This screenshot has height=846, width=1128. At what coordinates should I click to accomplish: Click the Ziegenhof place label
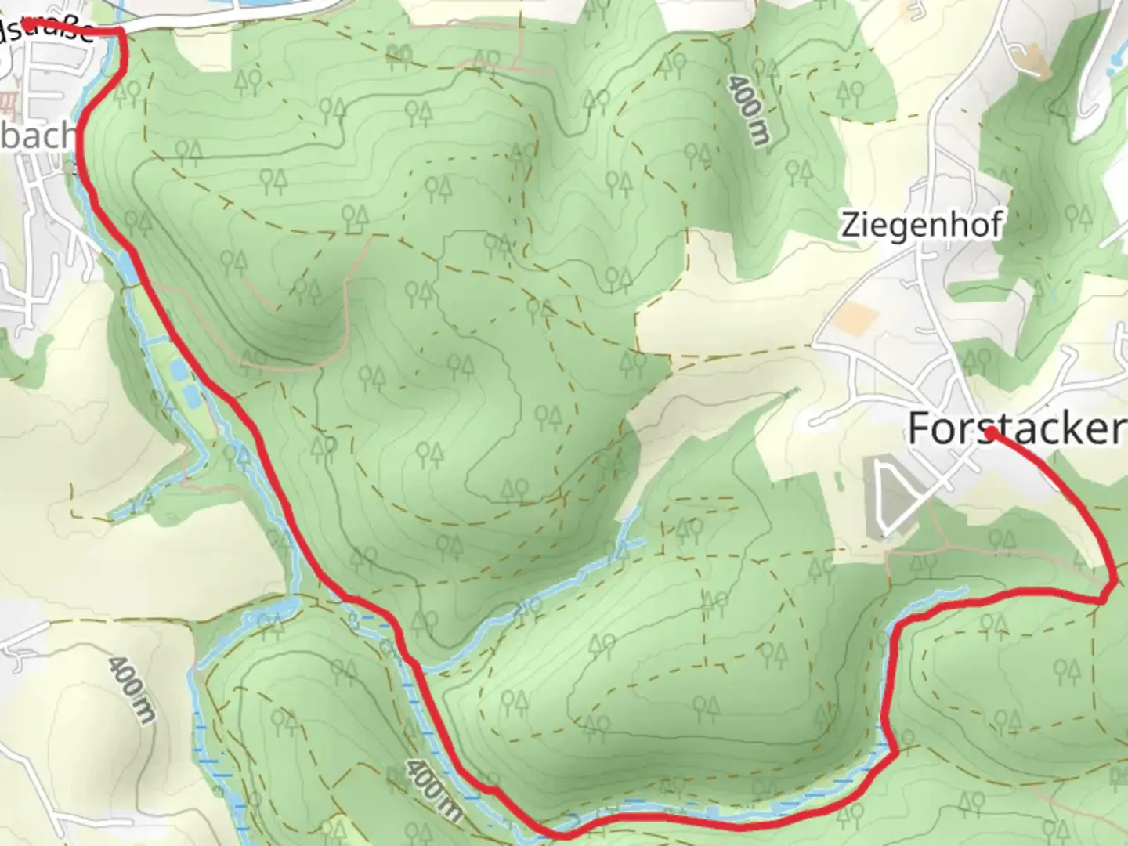(x=921, y=225)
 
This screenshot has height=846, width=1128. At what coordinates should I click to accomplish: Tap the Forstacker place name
(x=1015, y=428)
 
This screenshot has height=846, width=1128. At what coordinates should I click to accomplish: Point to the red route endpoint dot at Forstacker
(x=991, y=432)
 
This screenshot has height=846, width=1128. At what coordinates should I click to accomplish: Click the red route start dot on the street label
(x=26, y=24)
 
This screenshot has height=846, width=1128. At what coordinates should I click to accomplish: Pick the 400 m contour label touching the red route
(x=433, y=787)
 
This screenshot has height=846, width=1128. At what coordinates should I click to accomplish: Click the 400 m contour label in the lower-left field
(x=132, y=689)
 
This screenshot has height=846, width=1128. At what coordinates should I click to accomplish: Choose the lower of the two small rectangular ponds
(x=190, y=396)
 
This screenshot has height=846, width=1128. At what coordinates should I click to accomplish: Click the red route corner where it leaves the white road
(x=121, y=31)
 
